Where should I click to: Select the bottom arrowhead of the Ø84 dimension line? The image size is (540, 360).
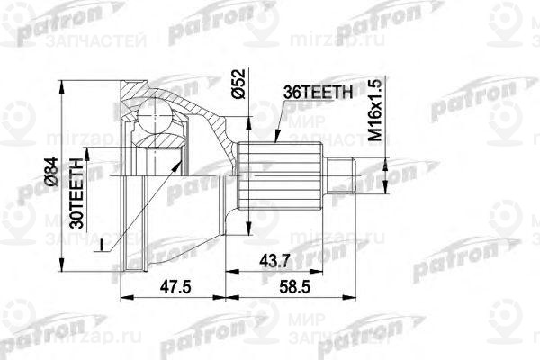64,265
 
